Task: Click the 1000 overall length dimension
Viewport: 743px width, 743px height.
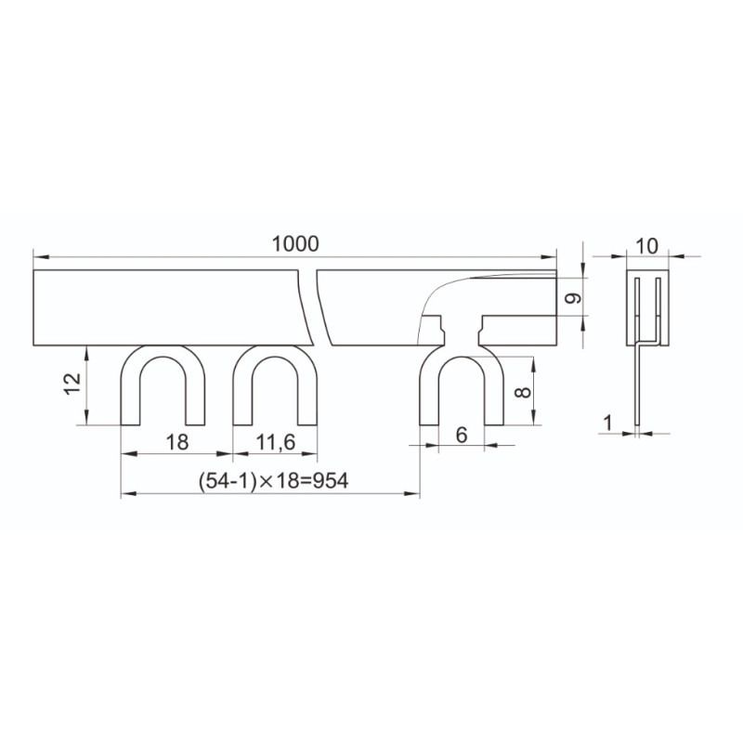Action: coord(295,244)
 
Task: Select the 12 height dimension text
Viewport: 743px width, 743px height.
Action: coord(73,385)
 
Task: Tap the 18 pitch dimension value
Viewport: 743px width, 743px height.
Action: coord(177,442)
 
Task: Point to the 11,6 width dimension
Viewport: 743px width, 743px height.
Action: coord(275,442)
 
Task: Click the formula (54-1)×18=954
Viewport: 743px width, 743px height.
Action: coord(274,480)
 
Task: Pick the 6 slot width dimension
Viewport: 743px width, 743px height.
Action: coord(462,435)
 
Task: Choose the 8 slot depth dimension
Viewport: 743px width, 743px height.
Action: coord(523,392)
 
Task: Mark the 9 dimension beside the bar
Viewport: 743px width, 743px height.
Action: coord(574,297)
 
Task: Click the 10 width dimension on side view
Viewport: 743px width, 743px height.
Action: coord(646,246)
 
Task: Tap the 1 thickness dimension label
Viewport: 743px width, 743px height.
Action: coord(607,423)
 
